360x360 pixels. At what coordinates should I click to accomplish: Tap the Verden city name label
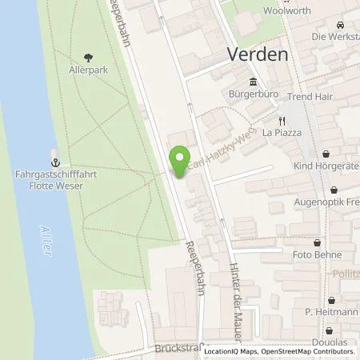[x=253, y=56]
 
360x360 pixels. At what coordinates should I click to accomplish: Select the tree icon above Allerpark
[x=88, y=58]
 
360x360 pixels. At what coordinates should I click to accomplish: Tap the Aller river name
[x=47, y=240]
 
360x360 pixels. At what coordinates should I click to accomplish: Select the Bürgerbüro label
[x=254, y=94]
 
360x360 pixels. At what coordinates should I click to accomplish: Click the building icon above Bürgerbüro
[x=254, y=82]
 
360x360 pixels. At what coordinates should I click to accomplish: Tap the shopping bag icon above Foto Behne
[x=318, y=242]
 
